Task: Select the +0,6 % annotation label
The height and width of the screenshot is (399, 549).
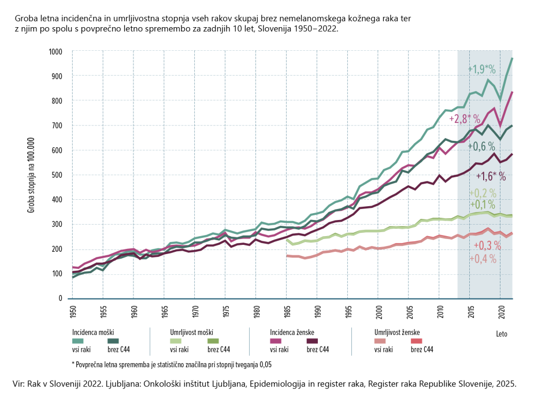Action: tap(481, 146)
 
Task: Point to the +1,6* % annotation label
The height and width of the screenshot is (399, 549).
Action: tap(491, 176)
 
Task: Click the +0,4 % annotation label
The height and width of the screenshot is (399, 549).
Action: tap(484, 259)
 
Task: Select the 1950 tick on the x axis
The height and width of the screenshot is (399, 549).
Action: tap(73, 312)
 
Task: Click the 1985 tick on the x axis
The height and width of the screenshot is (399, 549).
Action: tap(287, 312)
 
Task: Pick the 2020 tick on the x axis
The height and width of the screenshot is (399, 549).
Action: tap(500, 312)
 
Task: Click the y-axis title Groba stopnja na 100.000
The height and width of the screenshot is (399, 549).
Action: tap(31, 175)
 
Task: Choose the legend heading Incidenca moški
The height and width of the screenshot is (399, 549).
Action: tap(93, 332)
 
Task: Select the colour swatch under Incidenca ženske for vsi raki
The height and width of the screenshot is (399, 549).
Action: tap(279, 341)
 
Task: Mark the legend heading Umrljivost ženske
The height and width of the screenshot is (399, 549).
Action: tap(396, 332)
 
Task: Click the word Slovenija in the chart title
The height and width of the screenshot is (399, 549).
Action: tap(277, 28)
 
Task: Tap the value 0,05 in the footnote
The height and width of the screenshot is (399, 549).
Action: tap(264, 364)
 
